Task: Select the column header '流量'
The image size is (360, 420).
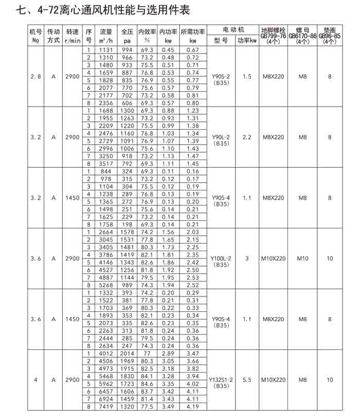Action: pos(105,31)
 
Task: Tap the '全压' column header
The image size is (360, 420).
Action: pos(127,31)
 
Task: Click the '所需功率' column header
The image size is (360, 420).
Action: pos(193,31)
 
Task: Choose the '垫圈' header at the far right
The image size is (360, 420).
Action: pos(330,30)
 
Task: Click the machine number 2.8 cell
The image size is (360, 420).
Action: pos(35,76)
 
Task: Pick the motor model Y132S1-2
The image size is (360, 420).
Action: pos(222,380)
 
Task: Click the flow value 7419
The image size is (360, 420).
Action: pos(105,406)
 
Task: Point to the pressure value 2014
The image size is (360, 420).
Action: pos(127,354)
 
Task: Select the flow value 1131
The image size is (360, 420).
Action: pos(105,50)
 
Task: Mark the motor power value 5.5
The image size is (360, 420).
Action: pos(247,380)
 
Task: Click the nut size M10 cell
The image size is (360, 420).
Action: pos(302,258)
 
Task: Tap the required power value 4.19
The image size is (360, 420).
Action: pos(193,406)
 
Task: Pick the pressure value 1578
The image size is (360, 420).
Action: pos(127,232)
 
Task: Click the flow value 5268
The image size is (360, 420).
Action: pos(105,285)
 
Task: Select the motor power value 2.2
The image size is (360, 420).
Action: pos(247,137)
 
